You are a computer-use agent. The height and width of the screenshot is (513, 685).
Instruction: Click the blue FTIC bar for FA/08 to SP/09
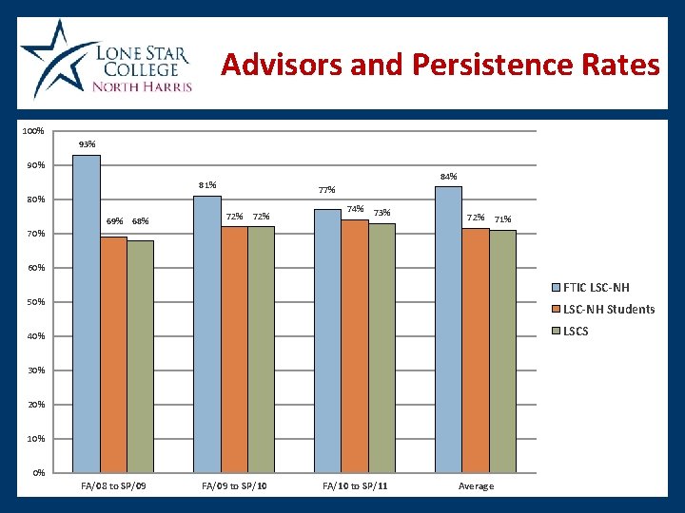click(87, 313)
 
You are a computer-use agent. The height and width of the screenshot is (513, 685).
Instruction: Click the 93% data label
click(87, 144)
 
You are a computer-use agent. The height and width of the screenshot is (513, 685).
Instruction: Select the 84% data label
click(448, 176)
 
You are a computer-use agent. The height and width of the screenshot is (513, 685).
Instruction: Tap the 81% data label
click(207, 184)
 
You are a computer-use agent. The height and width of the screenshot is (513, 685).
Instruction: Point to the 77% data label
click(327, 190)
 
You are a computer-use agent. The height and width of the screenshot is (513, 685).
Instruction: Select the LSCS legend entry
click(575, 331)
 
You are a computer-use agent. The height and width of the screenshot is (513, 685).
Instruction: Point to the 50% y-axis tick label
click(34, 302)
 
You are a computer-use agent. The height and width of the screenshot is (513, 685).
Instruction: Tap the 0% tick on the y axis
click(38, 473)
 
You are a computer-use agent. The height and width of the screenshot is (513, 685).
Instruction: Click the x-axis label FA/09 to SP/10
click(234, 486)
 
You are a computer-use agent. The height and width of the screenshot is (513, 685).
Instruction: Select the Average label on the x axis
click(476, 486)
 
